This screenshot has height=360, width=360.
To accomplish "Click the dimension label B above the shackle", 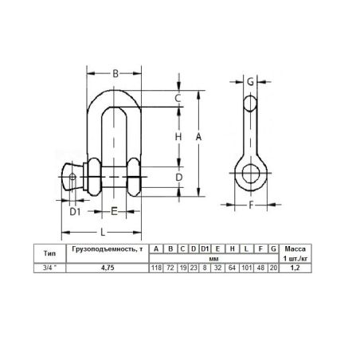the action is coord(115,73).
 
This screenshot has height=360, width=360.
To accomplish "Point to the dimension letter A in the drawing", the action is coord(198,137).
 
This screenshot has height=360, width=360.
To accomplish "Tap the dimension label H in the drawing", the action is coord(178,137).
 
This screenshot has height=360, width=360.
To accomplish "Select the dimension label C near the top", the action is coord(178,98).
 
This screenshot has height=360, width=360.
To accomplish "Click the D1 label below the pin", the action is coord(75,212).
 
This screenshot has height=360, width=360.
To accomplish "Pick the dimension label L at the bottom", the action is coord(103,233).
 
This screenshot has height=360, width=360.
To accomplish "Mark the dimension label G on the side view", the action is coord(250,82).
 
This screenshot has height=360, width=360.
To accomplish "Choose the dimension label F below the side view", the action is coord(251,205).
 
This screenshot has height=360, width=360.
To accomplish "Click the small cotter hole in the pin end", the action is coord(72,177).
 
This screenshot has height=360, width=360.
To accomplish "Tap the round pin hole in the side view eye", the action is coord(251,173).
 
